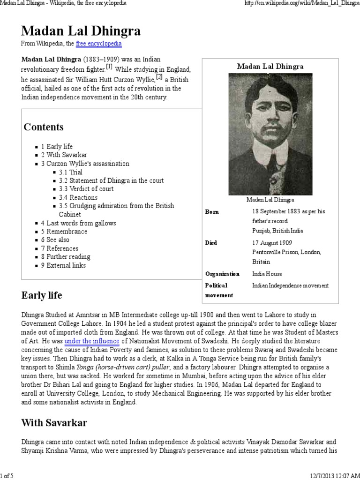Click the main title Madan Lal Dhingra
[x=81, y=31]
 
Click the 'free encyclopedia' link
[x=98, y=44]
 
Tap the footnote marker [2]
[x=159, y=76]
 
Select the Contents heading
[x=44, y=127]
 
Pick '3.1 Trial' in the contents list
[x=70, y=172]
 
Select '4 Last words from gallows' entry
[x=78, y=223]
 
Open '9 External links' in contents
[x=63, y=265]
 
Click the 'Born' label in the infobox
[x=212, y=212]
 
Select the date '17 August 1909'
[x=272, y=243]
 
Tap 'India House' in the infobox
[x=267, y=274]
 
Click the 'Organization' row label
[x=222, y=274]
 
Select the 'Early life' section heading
[x=42, y=295]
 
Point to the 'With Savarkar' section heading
[x=54, y=423]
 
